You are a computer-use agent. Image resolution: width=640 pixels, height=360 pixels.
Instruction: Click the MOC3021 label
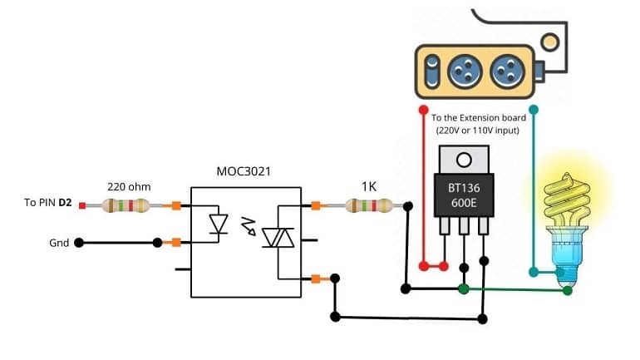pos(244,171)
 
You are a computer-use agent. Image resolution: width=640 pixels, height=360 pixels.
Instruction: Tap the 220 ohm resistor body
pos(126,205)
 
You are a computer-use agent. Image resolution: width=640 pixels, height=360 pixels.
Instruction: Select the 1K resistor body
pos(369,205)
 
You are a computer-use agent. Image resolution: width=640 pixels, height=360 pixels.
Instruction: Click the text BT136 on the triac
pos(464,188)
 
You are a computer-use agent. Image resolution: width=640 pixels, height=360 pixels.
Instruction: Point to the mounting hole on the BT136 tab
pos(464,160)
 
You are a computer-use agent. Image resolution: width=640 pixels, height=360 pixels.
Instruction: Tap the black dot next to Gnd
pos(79,243)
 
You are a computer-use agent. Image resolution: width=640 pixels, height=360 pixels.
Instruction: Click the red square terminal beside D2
pos(82,205)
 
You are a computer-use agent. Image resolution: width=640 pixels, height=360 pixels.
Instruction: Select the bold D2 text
pos(66,203)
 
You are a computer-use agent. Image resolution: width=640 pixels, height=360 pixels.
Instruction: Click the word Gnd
pos(59,244)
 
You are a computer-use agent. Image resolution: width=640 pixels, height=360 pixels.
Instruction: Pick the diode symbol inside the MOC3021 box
pos(219,224)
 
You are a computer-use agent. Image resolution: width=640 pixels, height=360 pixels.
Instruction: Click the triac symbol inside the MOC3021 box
pos(278,238)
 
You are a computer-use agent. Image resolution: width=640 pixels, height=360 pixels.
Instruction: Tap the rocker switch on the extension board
pos(432,72)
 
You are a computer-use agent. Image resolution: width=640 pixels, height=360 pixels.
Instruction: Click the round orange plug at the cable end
pos(549,42)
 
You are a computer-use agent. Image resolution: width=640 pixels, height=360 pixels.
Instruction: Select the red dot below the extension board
pos(423,110)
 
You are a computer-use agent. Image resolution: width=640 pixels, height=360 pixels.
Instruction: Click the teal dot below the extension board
pos(534,110)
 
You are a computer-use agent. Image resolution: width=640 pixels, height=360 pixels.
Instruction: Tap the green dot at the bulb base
pos(568,291)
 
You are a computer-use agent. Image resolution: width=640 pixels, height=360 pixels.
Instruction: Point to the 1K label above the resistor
pos(369,186)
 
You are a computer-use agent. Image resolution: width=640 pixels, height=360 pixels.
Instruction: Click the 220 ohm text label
pos(129,187)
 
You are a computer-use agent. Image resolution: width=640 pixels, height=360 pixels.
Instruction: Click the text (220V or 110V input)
pos(478,131)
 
